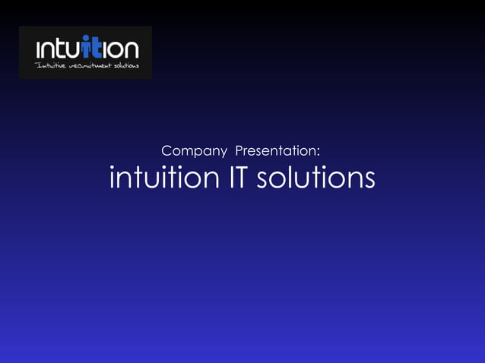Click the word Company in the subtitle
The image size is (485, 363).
coord(195,151)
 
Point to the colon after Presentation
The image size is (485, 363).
coord(328,153)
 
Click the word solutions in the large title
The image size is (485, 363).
coord(315,178)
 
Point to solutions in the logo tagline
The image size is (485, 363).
coord(126,66)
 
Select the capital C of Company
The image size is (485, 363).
coord(168,151)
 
